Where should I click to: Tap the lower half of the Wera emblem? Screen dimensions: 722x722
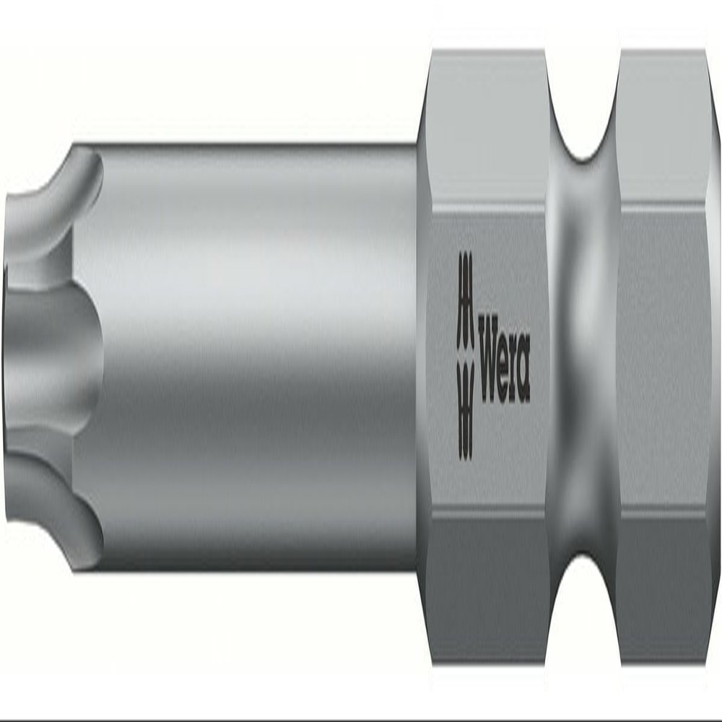click(465, 408)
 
